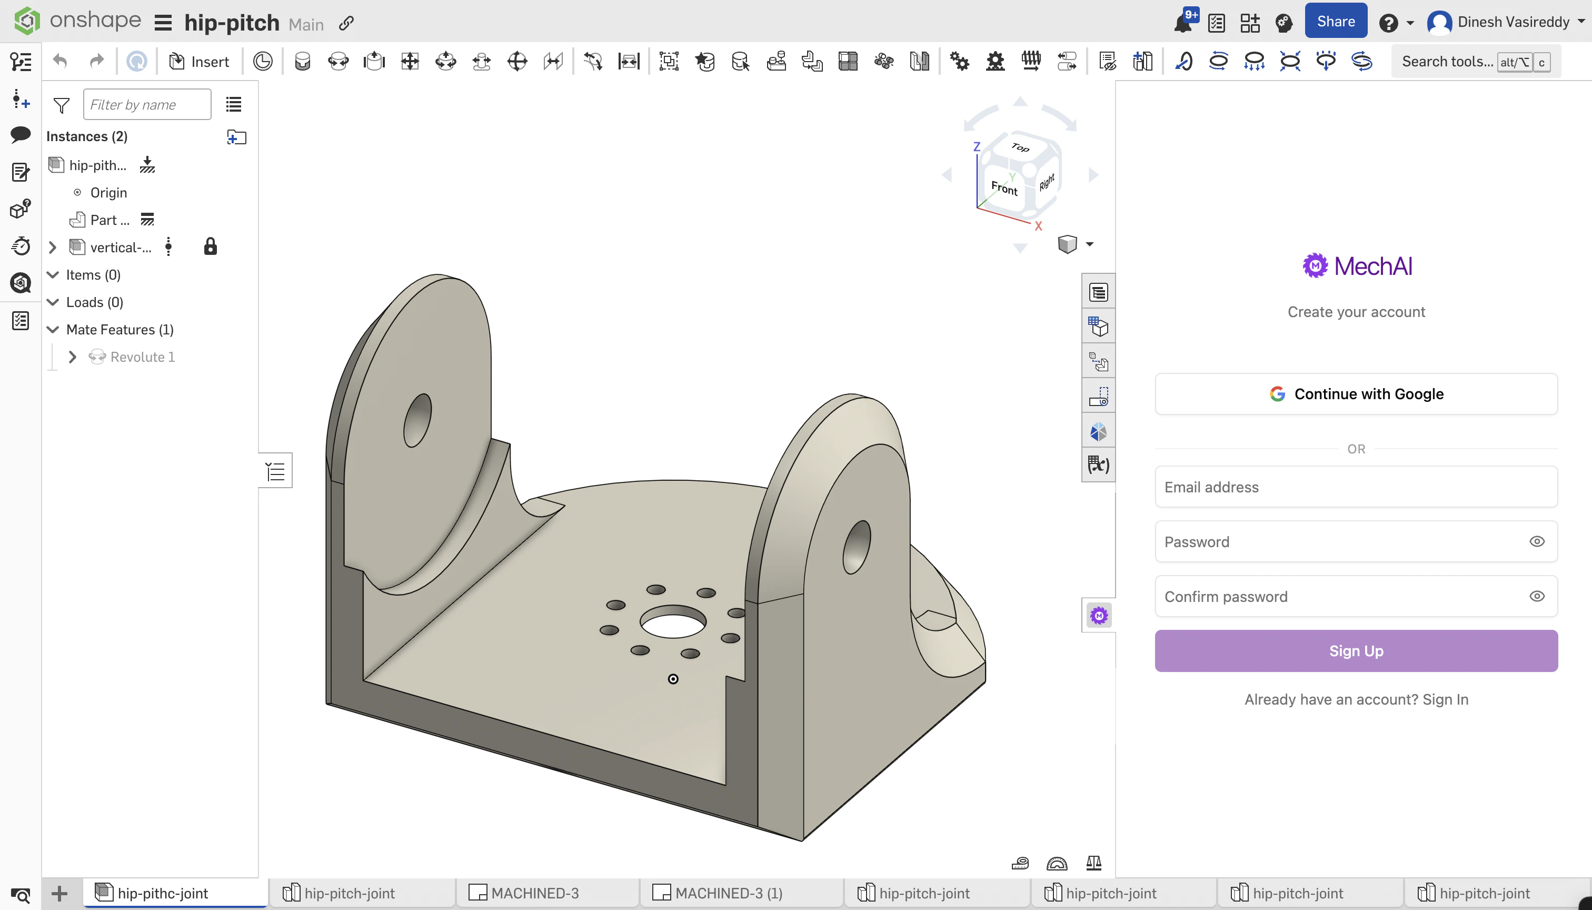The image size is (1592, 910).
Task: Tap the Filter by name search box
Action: tap(147, 104)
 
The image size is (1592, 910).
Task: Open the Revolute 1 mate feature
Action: tap(143, 357)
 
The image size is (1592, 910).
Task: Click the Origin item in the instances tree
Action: tap(109, 193)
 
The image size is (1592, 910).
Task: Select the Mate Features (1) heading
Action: tap(120, 329)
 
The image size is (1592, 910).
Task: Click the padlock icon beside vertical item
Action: tap(211, 247)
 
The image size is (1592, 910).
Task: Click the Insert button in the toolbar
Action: tap(200, 61)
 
